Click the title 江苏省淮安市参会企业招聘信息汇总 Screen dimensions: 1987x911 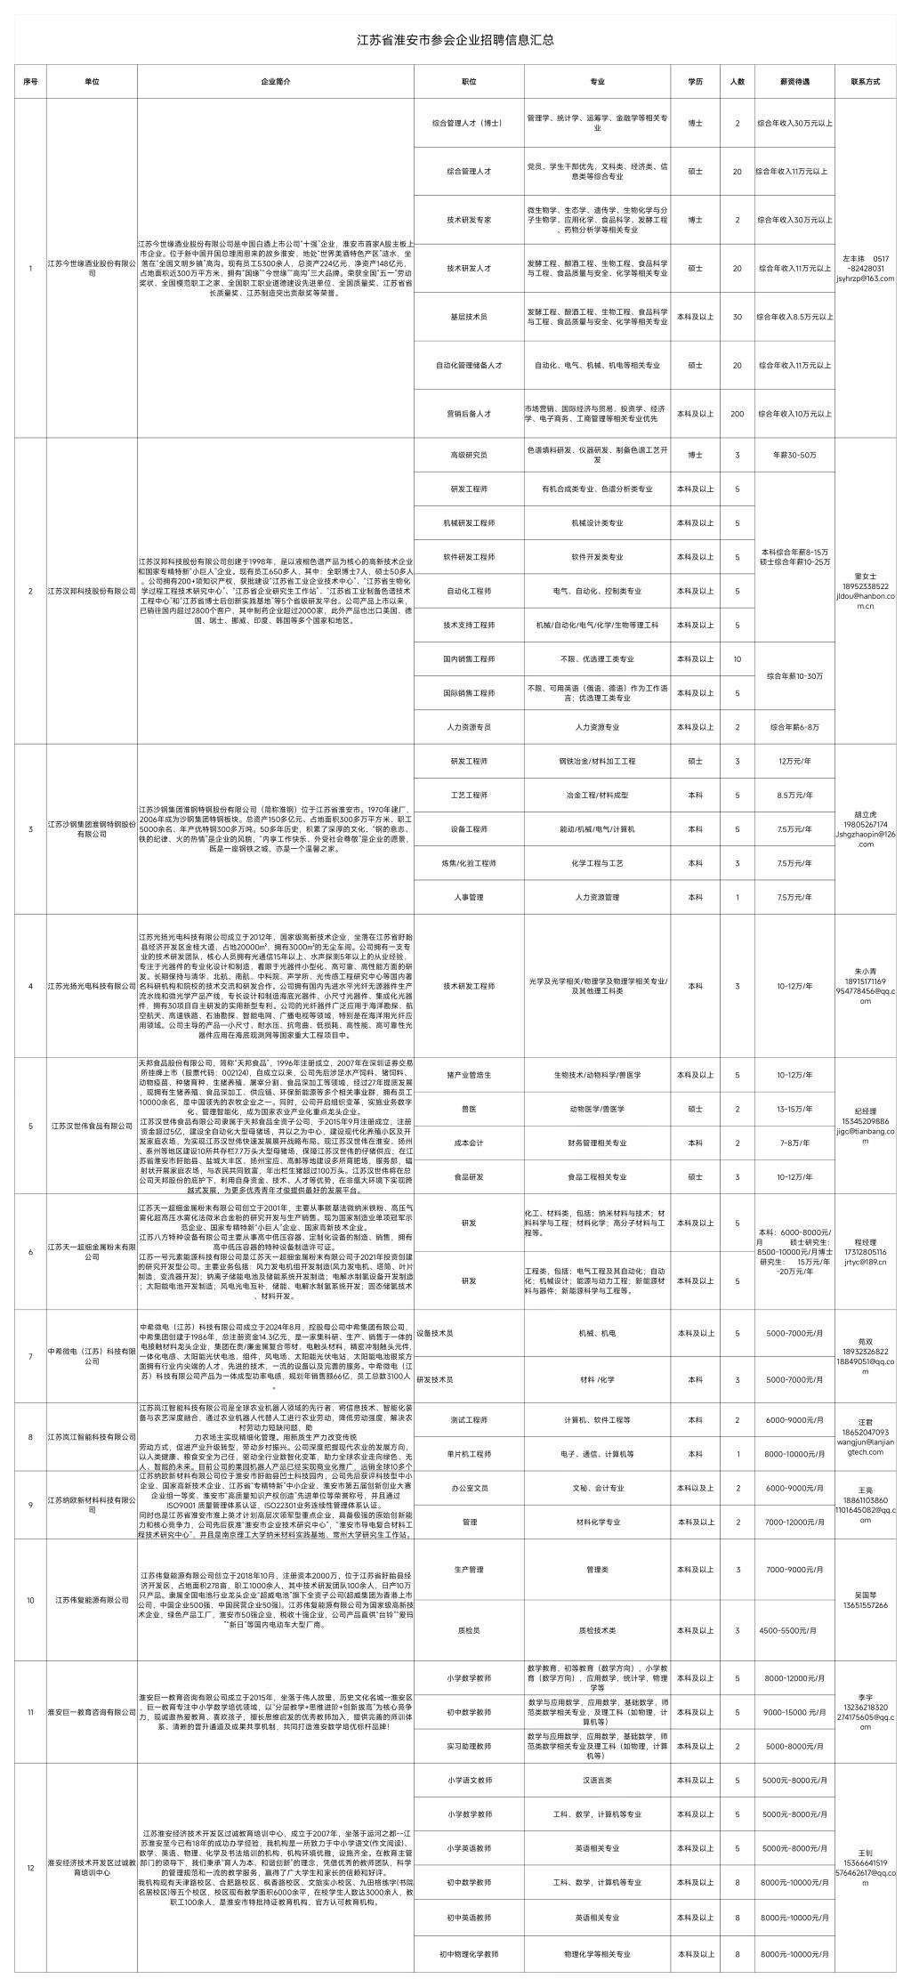pyautogui.click(x=455, y=40)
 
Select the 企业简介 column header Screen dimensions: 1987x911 pyautogui.click(x=276, y=81)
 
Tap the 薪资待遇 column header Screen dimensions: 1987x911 pyautogui.click(x=794, y=81)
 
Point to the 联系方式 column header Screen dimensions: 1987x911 pyautogui.click(x=865, y=81)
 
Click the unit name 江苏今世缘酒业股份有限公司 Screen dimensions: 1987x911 pyautogui.click(x=92, y=268)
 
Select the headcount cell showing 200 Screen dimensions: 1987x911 pyautogui.click(x=737, y=414)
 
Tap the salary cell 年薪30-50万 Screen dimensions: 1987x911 pyautogui.click(x=794, y=455)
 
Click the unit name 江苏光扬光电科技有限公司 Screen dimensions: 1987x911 pyautogui.click(x=92, y=987)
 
